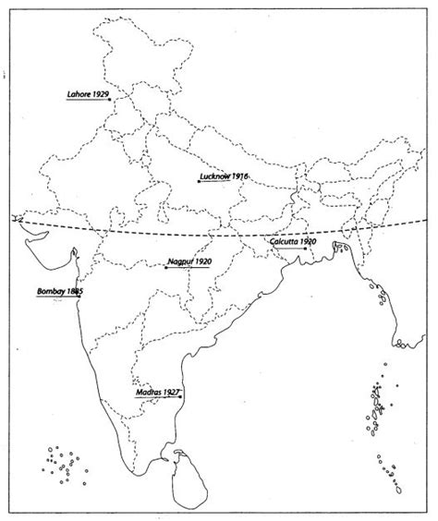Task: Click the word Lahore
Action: click(x=79, y=93)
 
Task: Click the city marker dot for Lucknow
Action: click(x=198, y=181)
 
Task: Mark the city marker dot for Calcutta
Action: click(x=297, y=247)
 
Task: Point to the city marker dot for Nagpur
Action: click(x=165, y=268)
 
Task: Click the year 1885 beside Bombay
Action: click(x=76, y=291)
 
